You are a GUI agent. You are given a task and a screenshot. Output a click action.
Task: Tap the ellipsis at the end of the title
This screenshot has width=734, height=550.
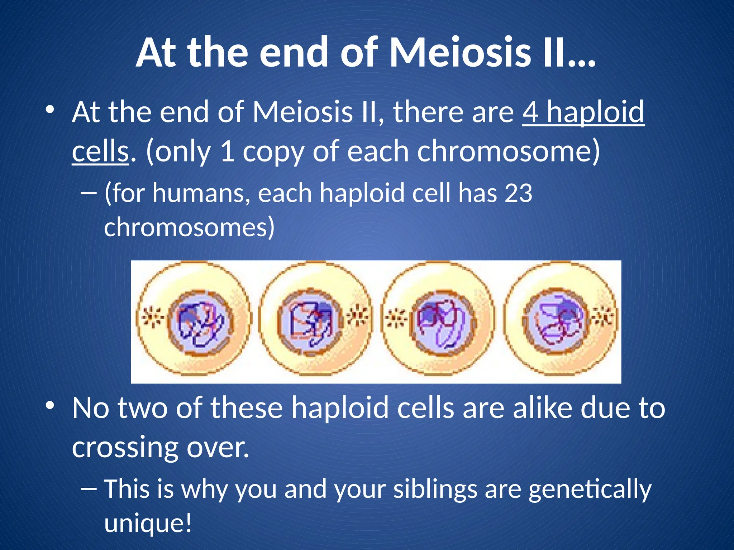(x=582, y=61)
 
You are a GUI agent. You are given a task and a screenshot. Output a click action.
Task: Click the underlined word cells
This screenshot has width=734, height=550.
(x=100, y=151)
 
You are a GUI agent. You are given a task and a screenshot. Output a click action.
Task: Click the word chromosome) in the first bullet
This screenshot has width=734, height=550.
(x=509, y=152)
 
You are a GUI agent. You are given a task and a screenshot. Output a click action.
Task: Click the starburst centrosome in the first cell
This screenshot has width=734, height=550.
(x=153, y=317)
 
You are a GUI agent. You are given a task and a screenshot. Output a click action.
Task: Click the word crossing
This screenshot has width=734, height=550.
(x=125, y=447)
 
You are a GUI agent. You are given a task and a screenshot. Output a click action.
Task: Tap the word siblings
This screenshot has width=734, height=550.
(x=435, y=489)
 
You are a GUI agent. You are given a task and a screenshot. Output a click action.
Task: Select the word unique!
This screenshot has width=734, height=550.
(x=148, y=523)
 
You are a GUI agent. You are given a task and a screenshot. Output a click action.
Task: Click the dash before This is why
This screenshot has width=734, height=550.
(x=89, y=488)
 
